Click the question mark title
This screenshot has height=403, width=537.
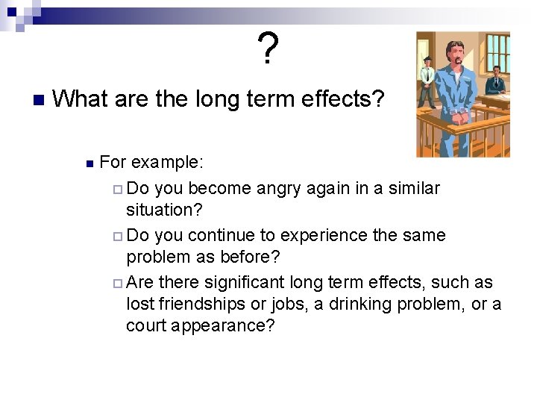tap(268, 49)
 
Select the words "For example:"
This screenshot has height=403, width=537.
tap(152, 162)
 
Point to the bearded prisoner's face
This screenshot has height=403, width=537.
tap(454, 49)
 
